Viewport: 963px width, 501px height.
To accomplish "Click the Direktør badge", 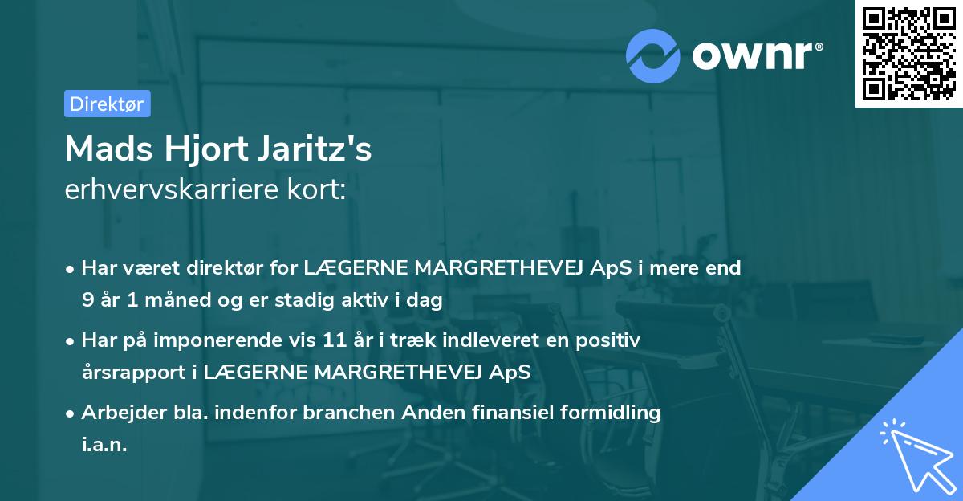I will [x=107, y=104].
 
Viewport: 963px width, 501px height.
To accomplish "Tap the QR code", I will [x=908, y=53].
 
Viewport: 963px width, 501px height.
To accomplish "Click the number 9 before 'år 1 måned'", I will [x=87, y=300].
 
